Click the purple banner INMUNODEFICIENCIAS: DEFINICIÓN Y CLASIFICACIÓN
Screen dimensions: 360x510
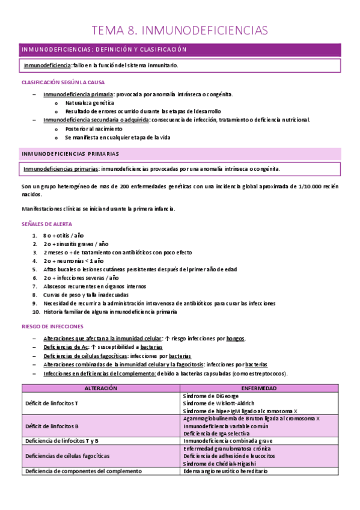104,49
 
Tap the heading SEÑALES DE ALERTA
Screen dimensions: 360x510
47,223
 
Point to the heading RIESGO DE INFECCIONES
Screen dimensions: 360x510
52,326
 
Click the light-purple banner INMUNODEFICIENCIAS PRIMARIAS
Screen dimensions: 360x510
70,154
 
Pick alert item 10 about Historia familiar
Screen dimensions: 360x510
110,312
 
